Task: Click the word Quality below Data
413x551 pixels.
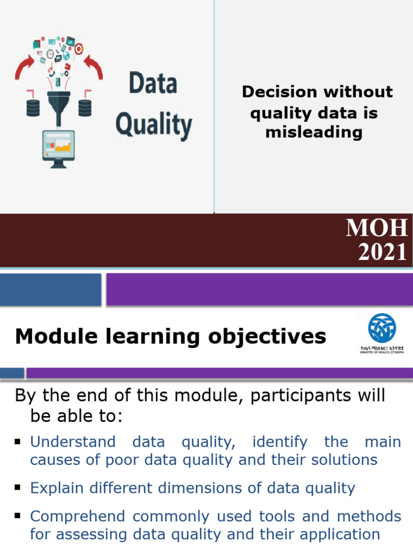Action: [154, 124]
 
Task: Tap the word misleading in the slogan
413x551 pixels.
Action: [314, 132]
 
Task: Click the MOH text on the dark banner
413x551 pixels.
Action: [376, 228]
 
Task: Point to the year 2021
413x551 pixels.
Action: [382, 252]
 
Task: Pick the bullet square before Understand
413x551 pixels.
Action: [18, 442]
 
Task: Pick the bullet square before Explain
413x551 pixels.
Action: [18, 488]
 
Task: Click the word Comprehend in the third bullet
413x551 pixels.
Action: [77, 517]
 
